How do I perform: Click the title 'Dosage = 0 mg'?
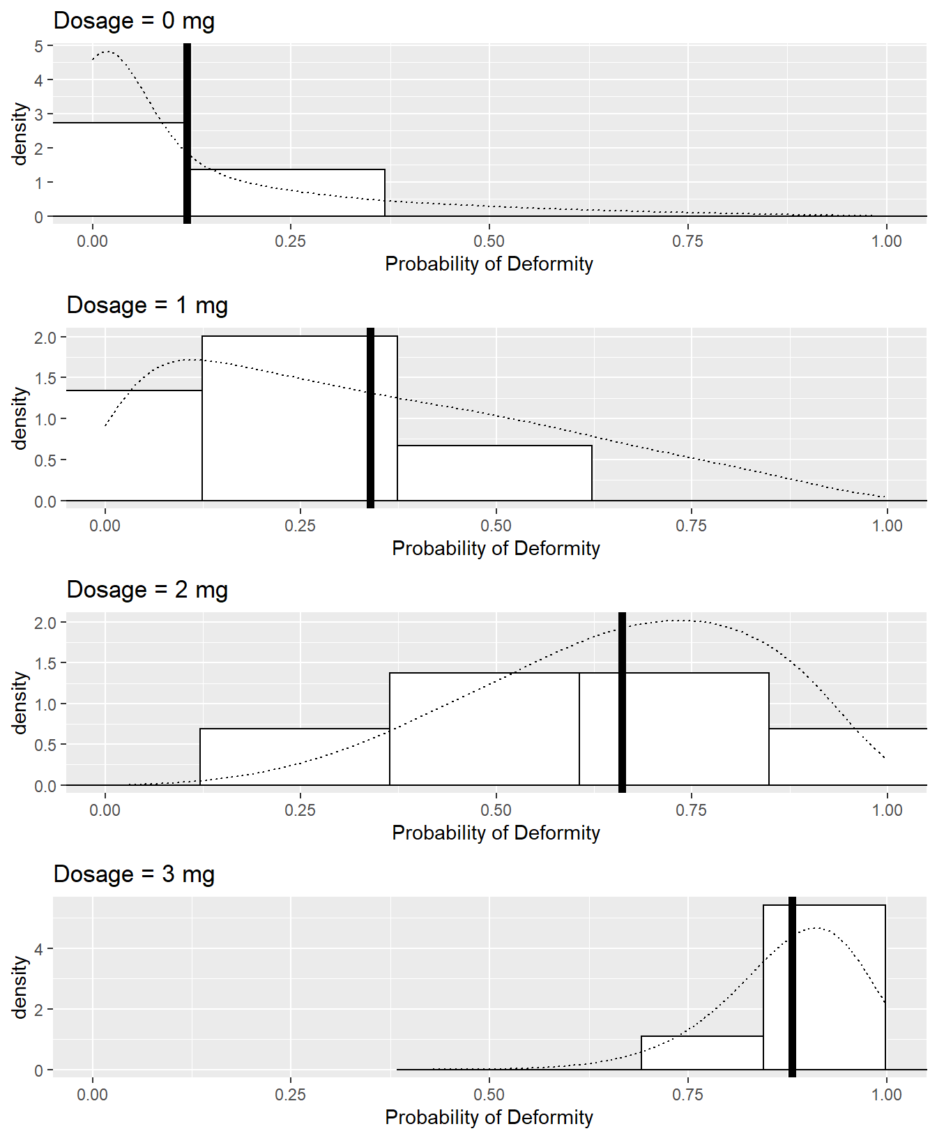[134, 21]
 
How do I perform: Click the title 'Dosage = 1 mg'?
[147, 305]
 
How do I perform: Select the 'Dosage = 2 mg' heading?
[147, 590]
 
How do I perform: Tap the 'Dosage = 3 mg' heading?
[134, 874]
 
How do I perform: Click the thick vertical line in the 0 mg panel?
[187, 132]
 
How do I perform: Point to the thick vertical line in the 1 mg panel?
[370, 418]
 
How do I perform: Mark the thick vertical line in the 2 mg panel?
[622, 702]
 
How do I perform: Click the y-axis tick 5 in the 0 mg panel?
[38, 46]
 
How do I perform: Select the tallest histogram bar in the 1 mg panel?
[300, 418]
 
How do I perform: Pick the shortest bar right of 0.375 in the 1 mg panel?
[494, 473]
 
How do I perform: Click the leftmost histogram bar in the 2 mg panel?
[294, 757]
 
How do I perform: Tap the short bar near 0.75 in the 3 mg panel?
[701, 1053]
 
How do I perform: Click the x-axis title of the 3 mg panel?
[489, 1117]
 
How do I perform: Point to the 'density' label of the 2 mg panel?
[20, 702]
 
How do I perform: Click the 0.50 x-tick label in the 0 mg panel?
[489, 241]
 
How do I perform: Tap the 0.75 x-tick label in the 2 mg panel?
[691, 810]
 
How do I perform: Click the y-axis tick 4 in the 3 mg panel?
[38, 949]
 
